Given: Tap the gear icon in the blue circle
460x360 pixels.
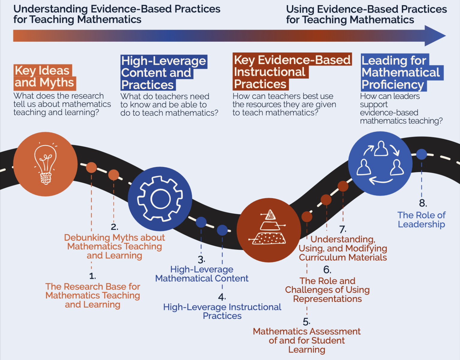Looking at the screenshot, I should click(x=160, y=198).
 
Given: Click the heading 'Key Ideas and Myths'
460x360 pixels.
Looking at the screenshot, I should click(x=44, y=77).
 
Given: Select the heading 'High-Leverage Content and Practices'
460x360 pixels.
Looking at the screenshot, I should click(x=163, y=73).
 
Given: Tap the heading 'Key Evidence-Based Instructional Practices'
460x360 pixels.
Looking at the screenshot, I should click(x=292, y=72).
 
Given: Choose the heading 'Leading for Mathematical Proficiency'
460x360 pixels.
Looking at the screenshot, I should click(x=401, y=73).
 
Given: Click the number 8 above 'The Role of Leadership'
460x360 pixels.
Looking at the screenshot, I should click(x=422, y=203).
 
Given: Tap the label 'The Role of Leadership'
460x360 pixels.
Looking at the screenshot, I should click(x=421, y=220).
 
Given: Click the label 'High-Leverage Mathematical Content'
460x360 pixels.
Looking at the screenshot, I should click(x=202, y=274).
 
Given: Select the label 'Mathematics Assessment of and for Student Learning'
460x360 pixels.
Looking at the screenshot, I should click(x=307, y=341).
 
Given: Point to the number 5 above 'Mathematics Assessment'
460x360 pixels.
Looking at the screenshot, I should click(x=306, y=322).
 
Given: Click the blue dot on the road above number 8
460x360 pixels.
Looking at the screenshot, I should click(x=421, y=154).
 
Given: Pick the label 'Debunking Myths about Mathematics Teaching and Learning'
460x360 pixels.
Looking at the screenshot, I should click(x=114, y=246).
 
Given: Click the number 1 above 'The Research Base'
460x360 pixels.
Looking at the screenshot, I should click(x=92, y=276).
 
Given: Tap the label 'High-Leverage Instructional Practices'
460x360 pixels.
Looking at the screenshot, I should click(x=222, y=311).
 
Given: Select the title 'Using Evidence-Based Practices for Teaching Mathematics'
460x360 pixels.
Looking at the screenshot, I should click(x=366, y=14).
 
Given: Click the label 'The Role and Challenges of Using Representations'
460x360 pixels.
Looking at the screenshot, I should click(x=327, y=290).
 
